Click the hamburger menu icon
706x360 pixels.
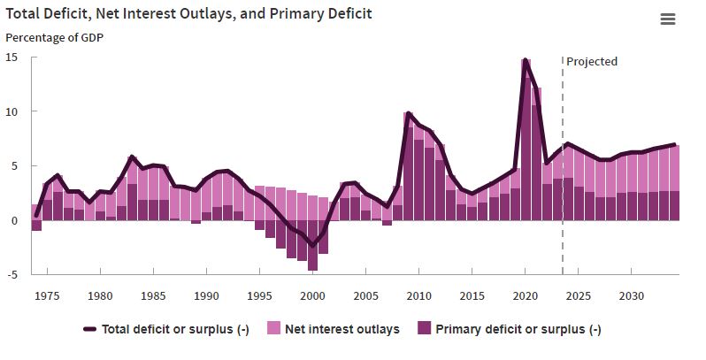tap(668, 19)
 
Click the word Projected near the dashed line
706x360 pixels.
tap(592, 61)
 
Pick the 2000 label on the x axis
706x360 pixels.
tap(313, 295)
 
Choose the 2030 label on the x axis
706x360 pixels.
tap(630, 295)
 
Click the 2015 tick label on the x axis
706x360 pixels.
tap(472, 295)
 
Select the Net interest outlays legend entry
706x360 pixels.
tap(341, 329)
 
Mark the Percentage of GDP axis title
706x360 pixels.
tap(55, 38)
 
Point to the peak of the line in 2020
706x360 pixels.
tap(526, 60)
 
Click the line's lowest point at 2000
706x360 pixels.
tap(313, 246)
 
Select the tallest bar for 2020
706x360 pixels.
tap(526, 142)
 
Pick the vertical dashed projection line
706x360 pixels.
tap(563, 177)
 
